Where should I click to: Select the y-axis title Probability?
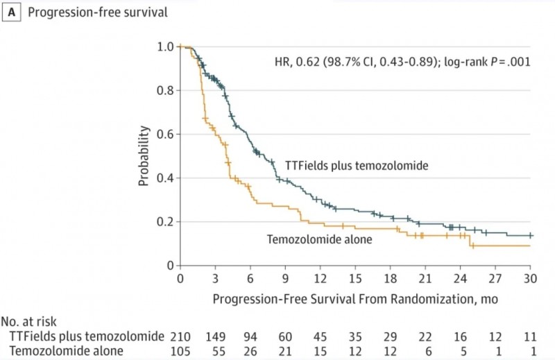click(x=144, y=156)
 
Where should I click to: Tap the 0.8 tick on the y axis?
click(x=164, y=91)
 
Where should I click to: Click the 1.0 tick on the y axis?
click(x=164, y=47)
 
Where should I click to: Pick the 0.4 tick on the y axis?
click(x=164, y=178)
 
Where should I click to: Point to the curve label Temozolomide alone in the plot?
click(x=320, y=239)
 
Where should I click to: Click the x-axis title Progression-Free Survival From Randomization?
click(x=355, y=299)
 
